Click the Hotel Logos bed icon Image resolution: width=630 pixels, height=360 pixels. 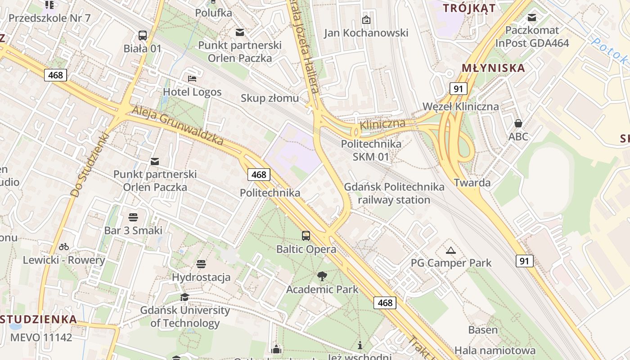click(x=192, y=79)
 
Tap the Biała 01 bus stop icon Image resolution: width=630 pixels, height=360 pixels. click(x=143, y=35)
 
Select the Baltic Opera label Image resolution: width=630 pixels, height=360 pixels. click(x=306, y=249)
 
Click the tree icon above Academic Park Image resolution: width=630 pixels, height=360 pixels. click(x=322, y=276)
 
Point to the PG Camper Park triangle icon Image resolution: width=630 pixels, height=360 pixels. click(x=451, y=250)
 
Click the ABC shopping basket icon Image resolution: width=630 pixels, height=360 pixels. click(x=518, y=123)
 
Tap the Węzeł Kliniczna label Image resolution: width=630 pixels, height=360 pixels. click(x=460, y=107)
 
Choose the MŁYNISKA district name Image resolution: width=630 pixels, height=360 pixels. click(x=487, y=68)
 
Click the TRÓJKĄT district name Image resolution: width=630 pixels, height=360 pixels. click(x=469, y=8)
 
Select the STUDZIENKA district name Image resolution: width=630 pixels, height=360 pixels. click(x=39, y=319)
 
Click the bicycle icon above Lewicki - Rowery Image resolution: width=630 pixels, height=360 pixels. click(x=64, y=247)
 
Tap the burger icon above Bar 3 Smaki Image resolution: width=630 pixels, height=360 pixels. click(x=133, y=217)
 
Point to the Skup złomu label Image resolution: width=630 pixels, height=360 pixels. click(x=270, y=98)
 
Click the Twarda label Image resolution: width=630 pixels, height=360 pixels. click(x=472, y=183)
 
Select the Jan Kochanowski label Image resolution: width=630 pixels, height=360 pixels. click(x=366, y=33)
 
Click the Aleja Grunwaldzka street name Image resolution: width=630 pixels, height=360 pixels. click(x=178, y=126)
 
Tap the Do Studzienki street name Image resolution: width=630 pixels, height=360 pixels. click(x=90, y=165)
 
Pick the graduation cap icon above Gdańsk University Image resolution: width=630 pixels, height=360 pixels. click(x=184, y=297)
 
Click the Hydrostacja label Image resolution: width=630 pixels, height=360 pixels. click(x=201, y=277)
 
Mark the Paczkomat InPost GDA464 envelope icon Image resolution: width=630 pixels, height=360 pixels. click(x=532, y=18)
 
